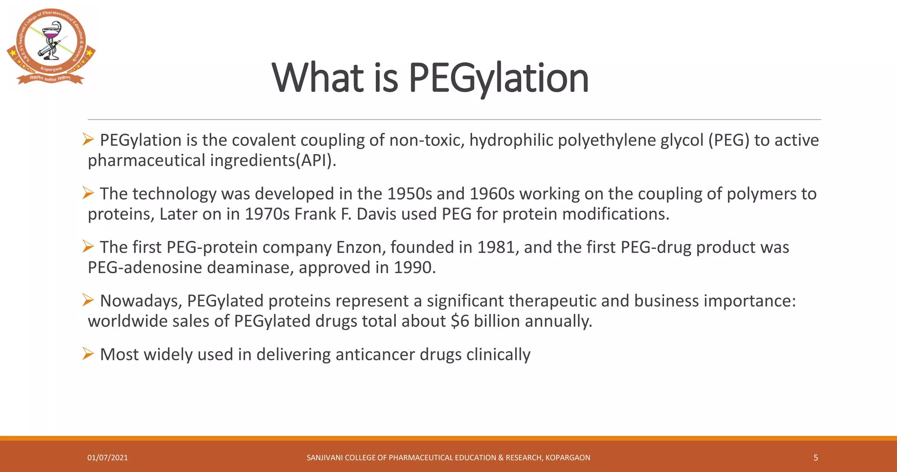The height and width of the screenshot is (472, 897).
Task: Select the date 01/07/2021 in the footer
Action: [108, 458]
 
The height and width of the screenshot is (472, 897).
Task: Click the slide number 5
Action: [816, 458]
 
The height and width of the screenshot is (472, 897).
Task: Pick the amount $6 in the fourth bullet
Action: [460, 321]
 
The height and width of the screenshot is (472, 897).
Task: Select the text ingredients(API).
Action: [273, 161]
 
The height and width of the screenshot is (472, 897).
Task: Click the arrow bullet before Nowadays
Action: [88, 300]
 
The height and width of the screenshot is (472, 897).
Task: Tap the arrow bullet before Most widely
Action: [88, 354]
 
